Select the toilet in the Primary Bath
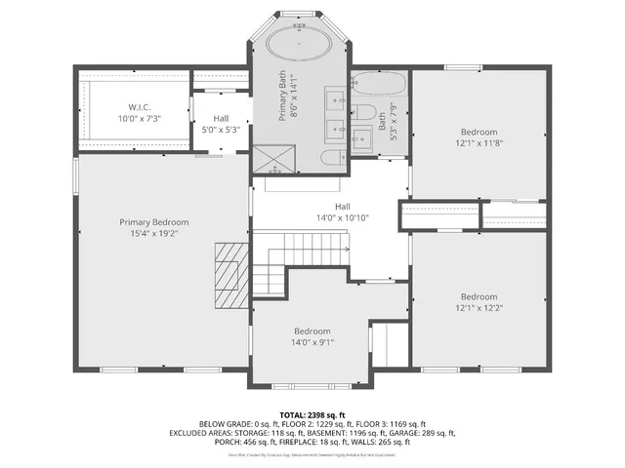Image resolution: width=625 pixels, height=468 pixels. click(x=331, y=157)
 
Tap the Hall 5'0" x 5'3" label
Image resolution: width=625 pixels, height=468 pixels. click(x=222, y=124)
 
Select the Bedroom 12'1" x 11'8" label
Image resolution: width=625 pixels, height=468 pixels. click(x=479, y=137)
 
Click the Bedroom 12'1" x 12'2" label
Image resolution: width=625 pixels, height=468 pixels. click(x=479, y=302)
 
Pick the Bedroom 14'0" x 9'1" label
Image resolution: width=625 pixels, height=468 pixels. click(x=312, y=336)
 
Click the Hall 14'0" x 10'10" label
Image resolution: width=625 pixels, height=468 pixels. click(x=343, y=212)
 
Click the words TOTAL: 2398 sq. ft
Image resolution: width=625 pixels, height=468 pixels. click(x=312, y=414)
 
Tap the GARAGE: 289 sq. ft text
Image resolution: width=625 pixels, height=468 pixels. click(x=419, y=433)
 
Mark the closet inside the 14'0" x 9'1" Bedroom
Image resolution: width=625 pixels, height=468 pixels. click(x=389, y=343)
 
